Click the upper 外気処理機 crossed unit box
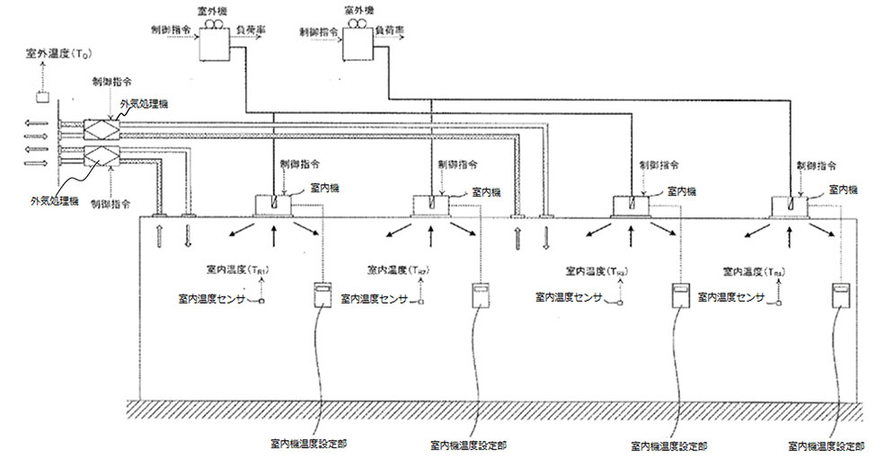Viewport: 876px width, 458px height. tap(102, 128)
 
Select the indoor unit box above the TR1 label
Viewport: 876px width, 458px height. tap(273, 207)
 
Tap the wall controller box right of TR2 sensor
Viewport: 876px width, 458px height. tap(478, 296)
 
